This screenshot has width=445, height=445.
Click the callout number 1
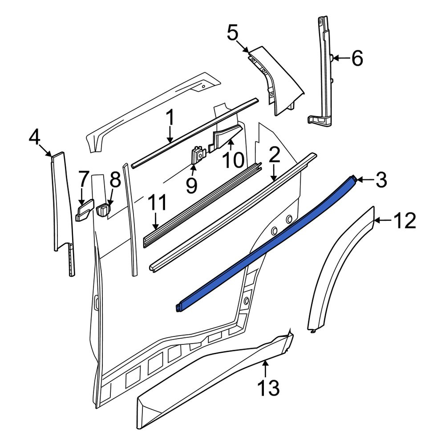pos(170,118)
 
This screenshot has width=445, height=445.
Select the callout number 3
pos(381,180)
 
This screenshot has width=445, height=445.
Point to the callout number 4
pos(34,138)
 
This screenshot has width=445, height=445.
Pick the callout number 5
pos(233,32)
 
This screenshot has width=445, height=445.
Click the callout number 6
pos(357,58)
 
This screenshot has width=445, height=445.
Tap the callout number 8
pos(115,180)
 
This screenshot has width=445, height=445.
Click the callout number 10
pos(234,160)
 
